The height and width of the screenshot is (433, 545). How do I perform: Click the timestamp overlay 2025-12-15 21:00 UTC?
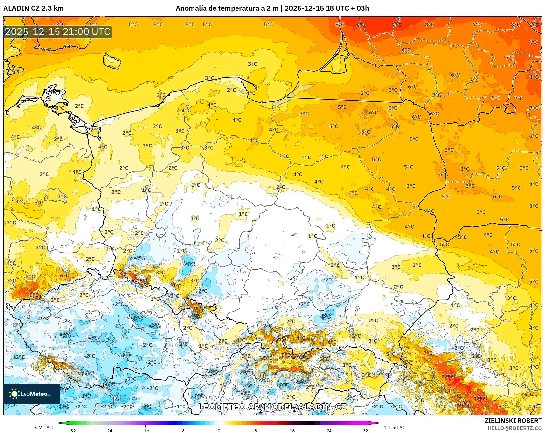(x=58, y=32)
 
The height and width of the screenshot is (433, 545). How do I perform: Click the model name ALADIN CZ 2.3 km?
(x=33, y=8)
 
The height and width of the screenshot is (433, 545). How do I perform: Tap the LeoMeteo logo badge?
(x=32, y=394)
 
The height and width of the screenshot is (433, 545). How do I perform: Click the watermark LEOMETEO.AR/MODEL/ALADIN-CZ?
(x=272, y=407)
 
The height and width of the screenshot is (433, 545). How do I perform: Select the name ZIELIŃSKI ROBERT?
(x=513, y=421)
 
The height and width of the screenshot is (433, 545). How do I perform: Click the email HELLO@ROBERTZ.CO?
(x=514, y=428)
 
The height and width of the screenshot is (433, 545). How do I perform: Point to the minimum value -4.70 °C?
(x=42, y=428)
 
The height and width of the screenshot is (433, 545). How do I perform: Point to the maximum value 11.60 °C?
(x=394, y=428)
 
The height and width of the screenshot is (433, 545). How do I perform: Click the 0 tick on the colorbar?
(x=219, y=430)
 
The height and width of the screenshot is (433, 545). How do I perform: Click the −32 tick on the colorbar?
(x=72, y=430)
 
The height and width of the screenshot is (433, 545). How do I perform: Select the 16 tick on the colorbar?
(x=292, y=430)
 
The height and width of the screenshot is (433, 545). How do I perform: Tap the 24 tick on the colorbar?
(x=329, y=430)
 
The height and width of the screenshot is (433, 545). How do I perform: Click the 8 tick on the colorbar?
(x=256, y=430)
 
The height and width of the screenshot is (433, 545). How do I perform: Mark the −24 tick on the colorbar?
(x=109, y=430)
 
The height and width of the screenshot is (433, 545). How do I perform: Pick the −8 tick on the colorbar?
(x=182, y=430)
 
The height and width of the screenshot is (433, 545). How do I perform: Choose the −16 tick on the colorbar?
(x=145, y=430)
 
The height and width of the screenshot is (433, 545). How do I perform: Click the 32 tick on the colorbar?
(x=365, y=430)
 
